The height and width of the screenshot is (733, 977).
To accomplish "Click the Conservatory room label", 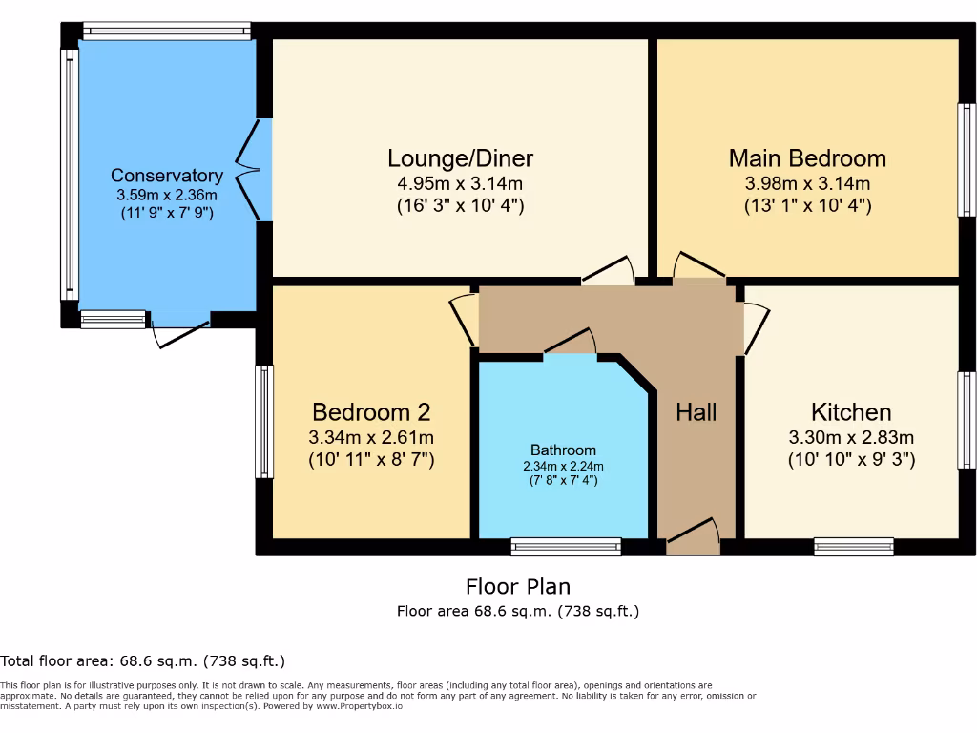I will (167, 176).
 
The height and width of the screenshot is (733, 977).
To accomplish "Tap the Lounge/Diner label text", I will (460, 158).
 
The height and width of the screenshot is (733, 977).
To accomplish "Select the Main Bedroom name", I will (807, 158).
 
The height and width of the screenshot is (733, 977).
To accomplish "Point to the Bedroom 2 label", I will (371, 412).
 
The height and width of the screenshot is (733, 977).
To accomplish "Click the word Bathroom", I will (563, 450).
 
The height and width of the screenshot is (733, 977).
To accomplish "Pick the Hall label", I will (696, 412).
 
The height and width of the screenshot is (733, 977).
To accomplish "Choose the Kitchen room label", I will (851, 412).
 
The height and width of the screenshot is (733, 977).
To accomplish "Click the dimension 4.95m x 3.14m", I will (460, 183).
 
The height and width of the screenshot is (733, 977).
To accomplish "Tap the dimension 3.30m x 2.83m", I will (851, 438).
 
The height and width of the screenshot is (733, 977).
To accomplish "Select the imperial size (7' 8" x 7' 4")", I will (563, 481).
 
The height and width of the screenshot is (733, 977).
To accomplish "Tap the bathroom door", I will (570, 344).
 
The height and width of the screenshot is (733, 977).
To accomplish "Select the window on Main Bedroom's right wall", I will (967, 159).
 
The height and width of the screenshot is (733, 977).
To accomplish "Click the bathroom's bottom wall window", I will (566, 547).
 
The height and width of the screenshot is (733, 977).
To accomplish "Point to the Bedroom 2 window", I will (264, 421).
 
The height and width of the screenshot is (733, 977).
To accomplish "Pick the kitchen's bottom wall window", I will (854, 547).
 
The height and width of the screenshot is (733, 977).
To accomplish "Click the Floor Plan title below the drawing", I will (518, 586).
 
